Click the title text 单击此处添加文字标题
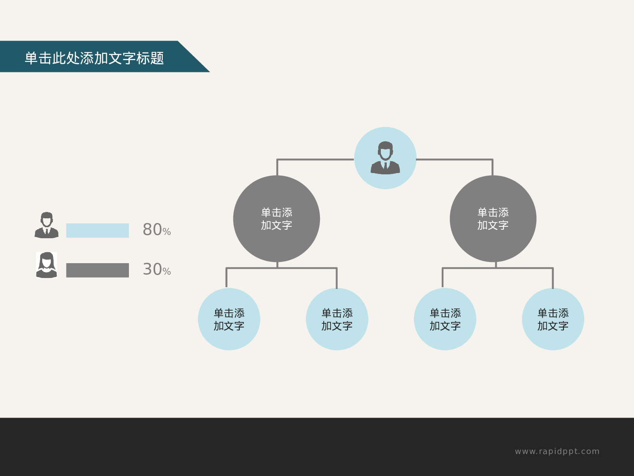point(94,58)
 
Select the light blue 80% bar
point(97,231)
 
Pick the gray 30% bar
point(97,270)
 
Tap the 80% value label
point(156,230)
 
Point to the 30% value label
point(156,270)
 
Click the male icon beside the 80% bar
point(46,225)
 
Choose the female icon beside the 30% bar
point(46,265)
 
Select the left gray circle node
point(276,219)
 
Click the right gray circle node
point(493,219)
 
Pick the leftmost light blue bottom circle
point(229,319)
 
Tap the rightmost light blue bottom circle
point(553,319)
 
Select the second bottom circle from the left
point(337,319)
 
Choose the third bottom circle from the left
point(445,319)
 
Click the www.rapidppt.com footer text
point(557,451)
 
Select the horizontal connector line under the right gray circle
point(524,268)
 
